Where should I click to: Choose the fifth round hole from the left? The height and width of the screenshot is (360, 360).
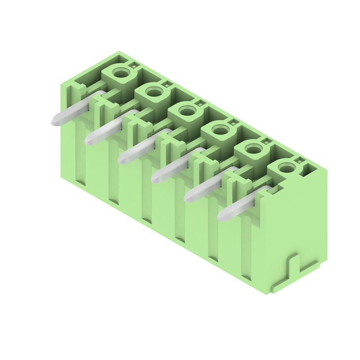(253, 149)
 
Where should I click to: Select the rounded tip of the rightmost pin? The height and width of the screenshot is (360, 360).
(222, 216)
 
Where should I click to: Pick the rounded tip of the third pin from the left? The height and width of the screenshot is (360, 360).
(123, 159)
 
